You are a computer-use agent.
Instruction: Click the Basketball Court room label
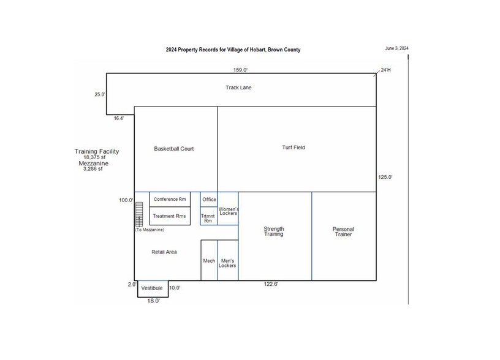(x=174, y=149)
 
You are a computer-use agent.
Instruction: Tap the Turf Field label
(x=294, y=148)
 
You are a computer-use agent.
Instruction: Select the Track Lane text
(x=238, y=88)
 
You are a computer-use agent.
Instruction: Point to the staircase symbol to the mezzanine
(x=139, y=214)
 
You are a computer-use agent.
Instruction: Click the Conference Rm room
(x=170, y=200)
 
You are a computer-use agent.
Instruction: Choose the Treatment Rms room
(x=170, y=216)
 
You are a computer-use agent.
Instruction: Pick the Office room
(x=209, y=200)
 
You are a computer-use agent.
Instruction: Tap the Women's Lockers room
(x=228, y=209)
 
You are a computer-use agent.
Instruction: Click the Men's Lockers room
(x=228, y=260)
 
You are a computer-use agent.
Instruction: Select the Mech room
(x=209, y=260)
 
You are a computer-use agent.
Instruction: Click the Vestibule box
(x=153, y=289)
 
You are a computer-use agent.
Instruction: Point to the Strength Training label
(x=274, y=231)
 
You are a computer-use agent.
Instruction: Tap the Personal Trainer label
(x=343, y=231)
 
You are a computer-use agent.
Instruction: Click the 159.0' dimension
(x=240, y=70)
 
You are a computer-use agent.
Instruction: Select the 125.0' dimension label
(x=385, y=177)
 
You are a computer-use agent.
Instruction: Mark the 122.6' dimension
(x=271, y=284)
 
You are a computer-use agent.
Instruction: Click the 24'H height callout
(x=385, y=70)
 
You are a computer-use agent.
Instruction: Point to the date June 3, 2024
(x=396, y=48)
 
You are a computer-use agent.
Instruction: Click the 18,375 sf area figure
(x=94, y=157)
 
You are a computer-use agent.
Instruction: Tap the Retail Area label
(x=164, y=252)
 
